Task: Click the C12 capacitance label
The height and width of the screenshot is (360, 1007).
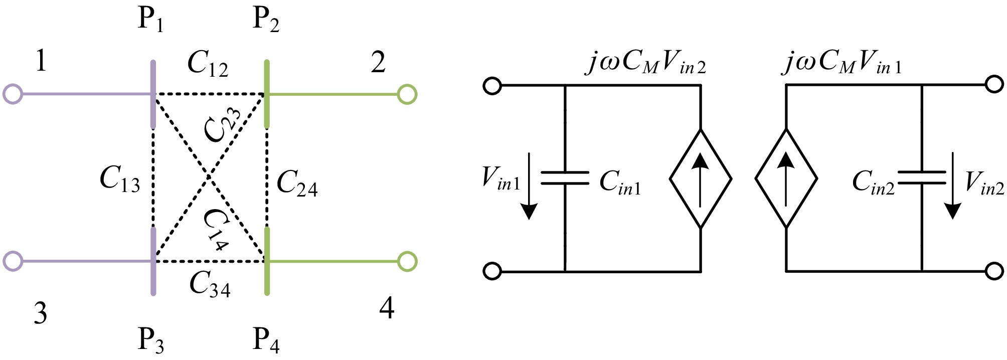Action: tap(208, 65)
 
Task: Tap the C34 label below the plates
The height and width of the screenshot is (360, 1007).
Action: tap(210, 285)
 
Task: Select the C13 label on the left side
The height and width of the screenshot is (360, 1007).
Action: tap(120, 179)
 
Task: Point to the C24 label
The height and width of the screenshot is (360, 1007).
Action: tap(297, 183)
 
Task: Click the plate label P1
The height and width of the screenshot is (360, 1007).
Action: tap(150, 20)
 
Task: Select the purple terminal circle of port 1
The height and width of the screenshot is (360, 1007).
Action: tap(13, 94)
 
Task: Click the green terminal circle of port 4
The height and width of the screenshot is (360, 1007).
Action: tap(407, 261)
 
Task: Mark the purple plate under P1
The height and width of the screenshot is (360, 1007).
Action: tap(153, 94)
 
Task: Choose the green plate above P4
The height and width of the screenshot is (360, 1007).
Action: tap(267, 261)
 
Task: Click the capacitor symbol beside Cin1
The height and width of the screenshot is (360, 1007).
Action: tap(565, 178)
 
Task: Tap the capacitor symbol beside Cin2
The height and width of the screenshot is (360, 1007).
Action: tap(922, 178)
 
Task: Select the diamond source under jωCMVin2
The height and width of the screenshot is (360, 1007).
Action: tap(701, 178)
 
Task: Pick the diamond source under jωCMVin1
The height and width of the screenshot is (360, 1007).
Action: tap(786, 178)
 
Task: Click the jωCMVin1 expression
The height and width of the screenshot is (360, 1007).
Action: tap(842, 63)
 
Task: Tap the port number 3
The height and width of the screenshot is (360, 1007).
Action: tap(41, 313)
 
